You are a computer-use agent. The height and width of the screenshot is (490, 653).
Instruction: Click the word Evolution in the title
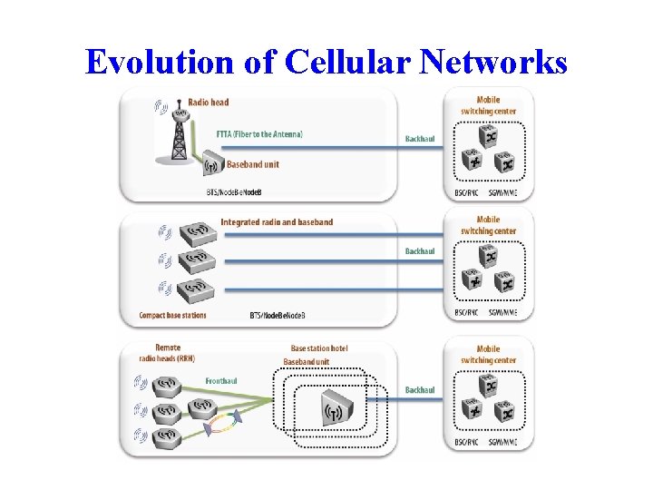(x=158, y=62)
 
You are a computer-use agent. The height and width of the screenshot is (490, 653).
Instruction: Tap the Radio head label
(x=208, y=102)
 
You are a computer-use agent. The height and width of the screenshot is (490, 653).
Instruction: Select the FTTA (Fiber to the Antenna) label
(x=259, y=134)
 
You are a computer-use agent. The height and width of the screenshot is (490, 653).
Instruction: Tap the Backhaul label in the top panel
(x=420, y=140)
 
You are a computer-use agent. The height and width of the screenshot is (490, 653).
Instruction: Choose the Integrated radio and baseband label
(x=277, y=222)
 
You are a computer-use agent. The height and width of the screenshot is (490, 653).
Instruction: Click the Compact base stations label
(x=172, y=316)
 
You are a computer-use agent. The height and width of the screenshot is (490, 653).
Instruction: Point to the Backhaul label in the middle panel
(x=420, y=251)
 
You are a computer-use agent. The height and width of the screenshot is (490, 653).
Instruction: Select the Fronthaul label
(x=221, y=381)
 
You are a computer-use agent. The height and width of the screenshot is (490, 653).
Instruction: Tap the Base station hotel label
(x=319, y=348)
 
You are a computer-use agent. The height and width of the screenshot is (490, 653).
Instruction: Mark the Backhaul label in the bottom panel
(x=420, y=390)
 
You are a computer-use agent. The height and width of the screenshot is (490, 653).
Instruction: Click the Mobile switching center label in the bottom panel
(x=488, y=355)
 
